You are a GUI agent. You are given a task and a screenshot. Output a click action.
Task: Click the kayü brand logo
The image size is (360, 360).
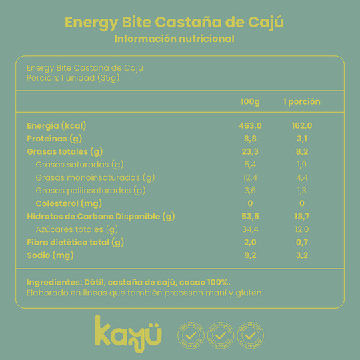127,331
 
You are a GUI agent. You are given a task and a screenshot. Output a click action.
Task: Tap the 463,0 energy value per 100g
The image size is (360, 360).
250,125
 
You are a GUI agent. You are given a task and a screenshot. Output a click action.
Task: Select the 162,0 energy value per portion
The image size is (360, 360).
301,125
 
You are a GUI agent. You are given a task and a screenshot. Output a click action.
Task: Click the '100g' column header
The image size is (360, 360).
250,102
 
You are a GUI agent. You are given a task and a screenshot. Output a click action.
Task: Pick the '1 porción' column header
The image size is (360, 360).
301,102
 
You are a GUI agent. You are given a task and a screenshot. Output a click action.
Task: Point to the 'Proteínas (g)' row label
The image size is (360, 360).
54,138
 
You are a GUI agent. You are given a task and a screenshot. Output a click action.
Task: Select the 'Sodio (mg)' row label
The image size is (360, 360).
50,255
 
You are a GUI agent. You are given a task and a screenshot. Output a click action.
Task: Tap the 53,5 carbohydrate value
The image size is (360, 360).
250,216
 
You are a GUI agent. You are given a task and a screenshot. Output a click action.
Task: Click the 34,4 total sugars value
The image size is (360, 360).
250,229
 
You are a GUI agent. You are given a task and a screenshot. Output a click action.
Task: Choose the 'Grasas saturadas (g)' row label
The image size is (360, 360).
79,164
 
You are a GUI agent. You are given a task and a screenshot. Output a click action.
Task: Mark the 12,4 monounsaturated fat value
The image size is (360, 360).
250,177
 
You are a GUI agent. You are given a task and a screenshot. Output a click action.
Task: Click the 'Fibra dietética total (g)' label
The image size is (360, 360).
75,242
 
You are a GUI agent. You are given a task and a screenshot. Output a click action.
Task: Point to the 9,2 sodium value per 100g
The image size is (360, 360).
250,255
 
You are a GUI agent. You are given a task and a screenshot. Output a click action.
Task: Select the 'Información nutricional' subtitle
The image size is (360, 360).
175,39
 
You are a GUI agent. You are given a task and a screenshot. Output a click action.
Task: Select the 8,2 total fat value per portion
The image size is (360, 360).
301,151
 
